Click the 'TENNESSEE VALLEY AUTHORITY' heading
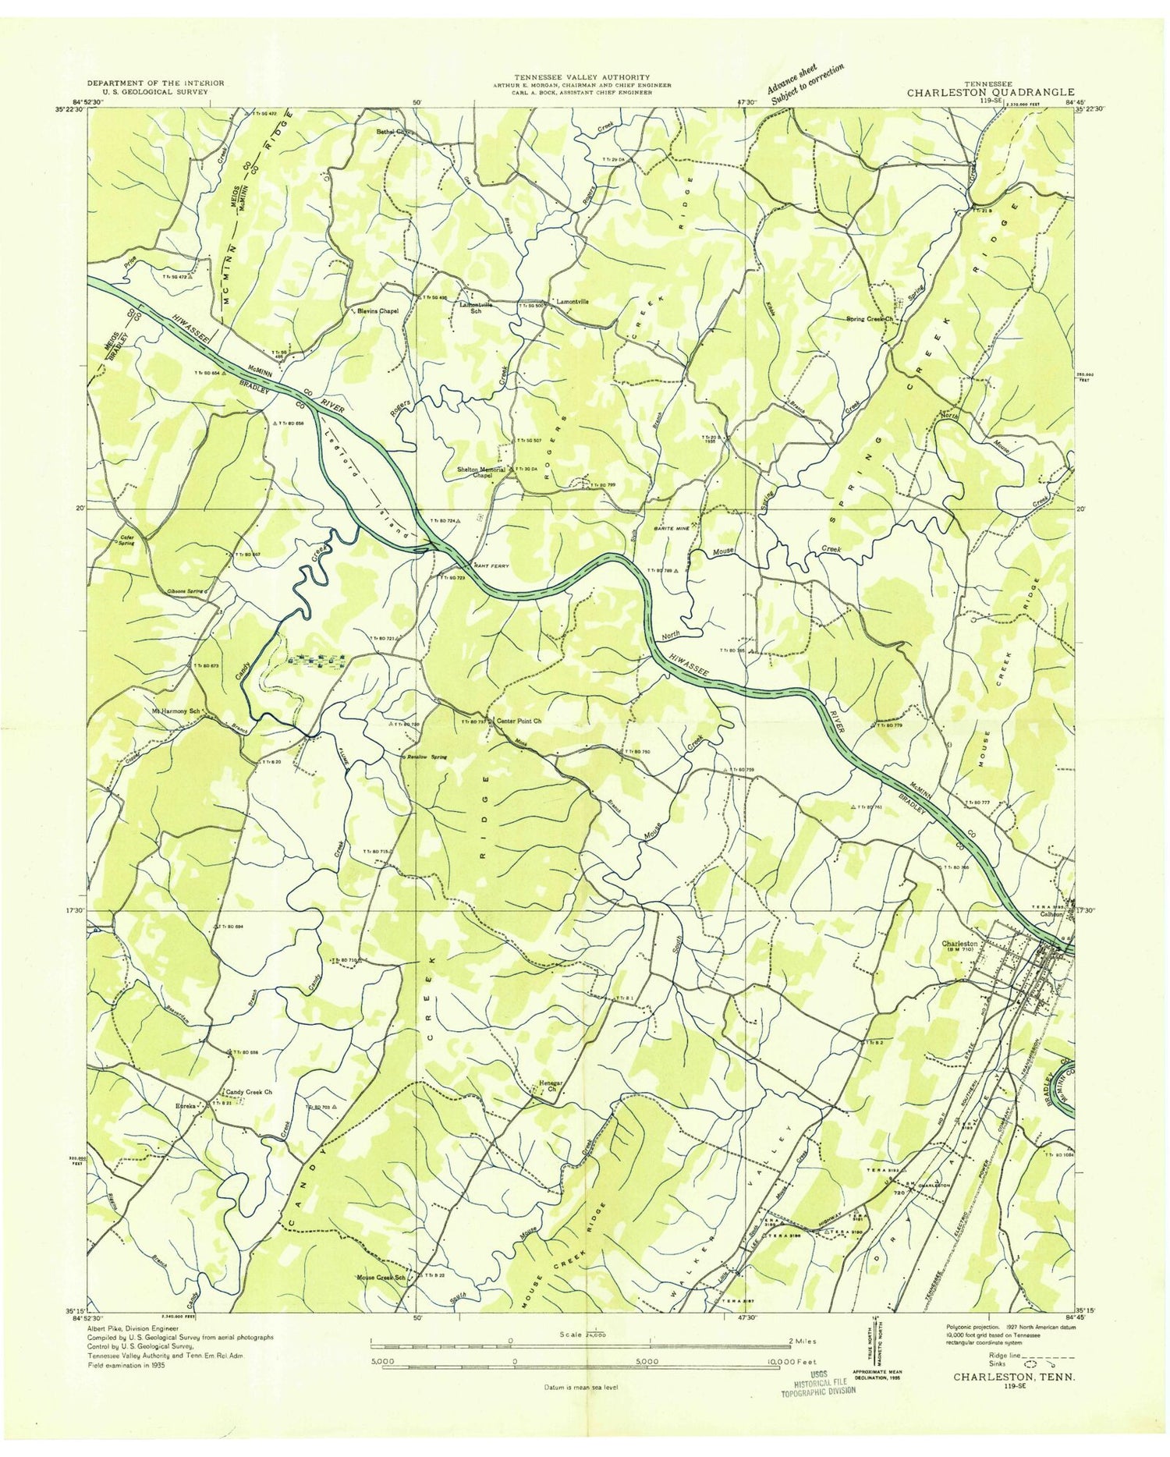pos(582,77)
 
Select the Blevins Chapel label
pos(378,310)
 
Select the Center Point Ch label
pos(514,721)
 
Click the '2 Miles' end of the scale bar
pos(803,1340)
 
